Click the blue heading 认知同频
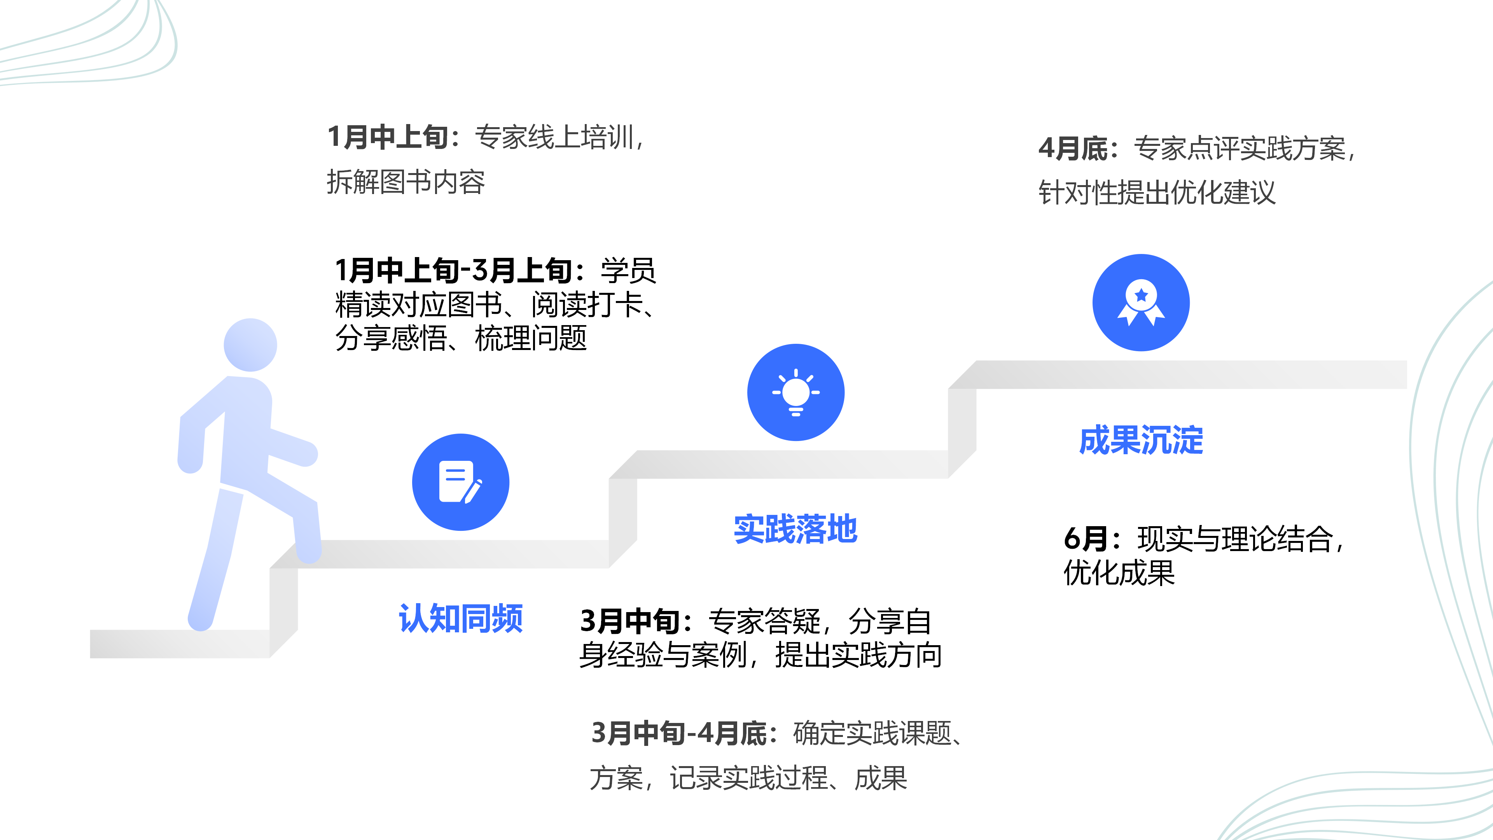461,619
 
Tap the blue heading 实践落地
795,529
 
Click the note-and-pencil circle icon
461,482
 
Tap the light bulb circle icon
796,392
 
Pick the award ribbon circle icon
1141,303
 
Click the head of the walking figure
250,345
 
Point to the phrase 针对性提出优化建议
1157,193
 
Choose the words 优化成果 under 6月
1119,573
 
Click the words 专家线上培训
554,137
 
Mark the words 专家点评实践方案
1239,149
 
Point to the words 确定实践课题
872,733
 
